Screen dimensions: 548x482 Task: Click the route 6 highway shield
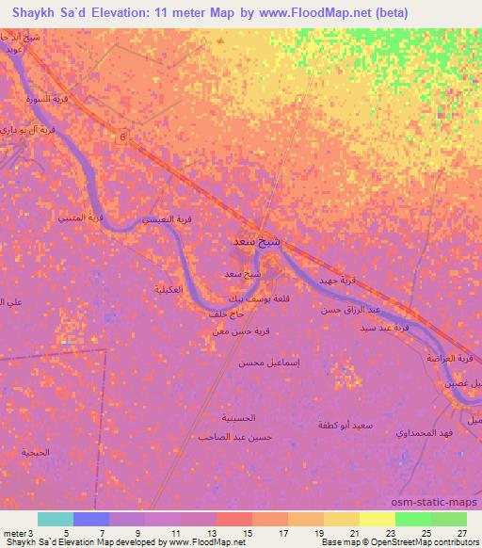click(x=121, y=137)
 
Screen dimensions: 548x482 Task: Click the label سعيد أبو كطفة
click(x=346, y=426)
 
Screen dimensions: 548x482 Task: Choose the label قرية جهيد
click(x=340, y=280)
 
